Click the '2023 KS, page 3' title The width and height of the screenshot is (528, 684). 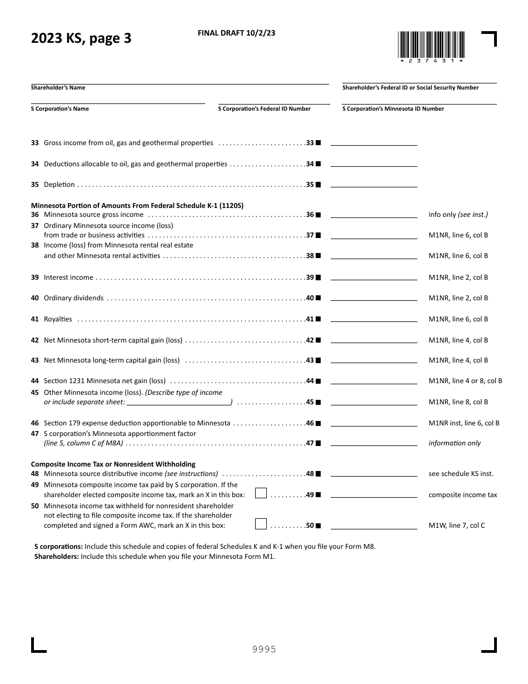coord(81,39)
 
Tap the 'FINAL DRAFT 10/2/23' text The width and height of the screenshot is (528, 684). coord(236,33)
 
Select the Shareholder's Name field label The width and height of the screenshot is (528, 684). coord(58,88)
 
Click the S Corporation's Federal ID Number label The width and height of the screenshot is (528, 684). coord(264,109)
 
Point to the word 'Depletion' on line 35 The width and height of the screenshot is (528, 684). coord(59,185)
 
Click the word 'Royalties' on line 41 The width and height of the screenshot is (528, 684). coord(58,319)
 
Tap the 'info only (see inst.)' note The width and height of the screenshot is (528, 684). coord(458,215)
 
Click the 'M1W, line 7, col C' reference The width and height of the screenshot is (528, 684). coord(456,526)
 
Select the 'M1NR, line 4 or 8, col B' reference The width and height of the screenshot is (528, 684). coord(465,381)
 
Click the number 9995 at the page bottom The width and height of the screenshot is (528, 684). coord(264,650)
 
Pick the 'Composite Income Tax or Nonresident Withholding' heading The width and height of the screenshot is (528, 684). coord(113,464)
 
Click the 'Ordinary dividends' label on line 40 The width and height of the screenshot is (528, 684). coord(73,298)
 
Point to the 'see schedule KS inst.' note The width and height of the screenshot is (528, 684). coord(461,474)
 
